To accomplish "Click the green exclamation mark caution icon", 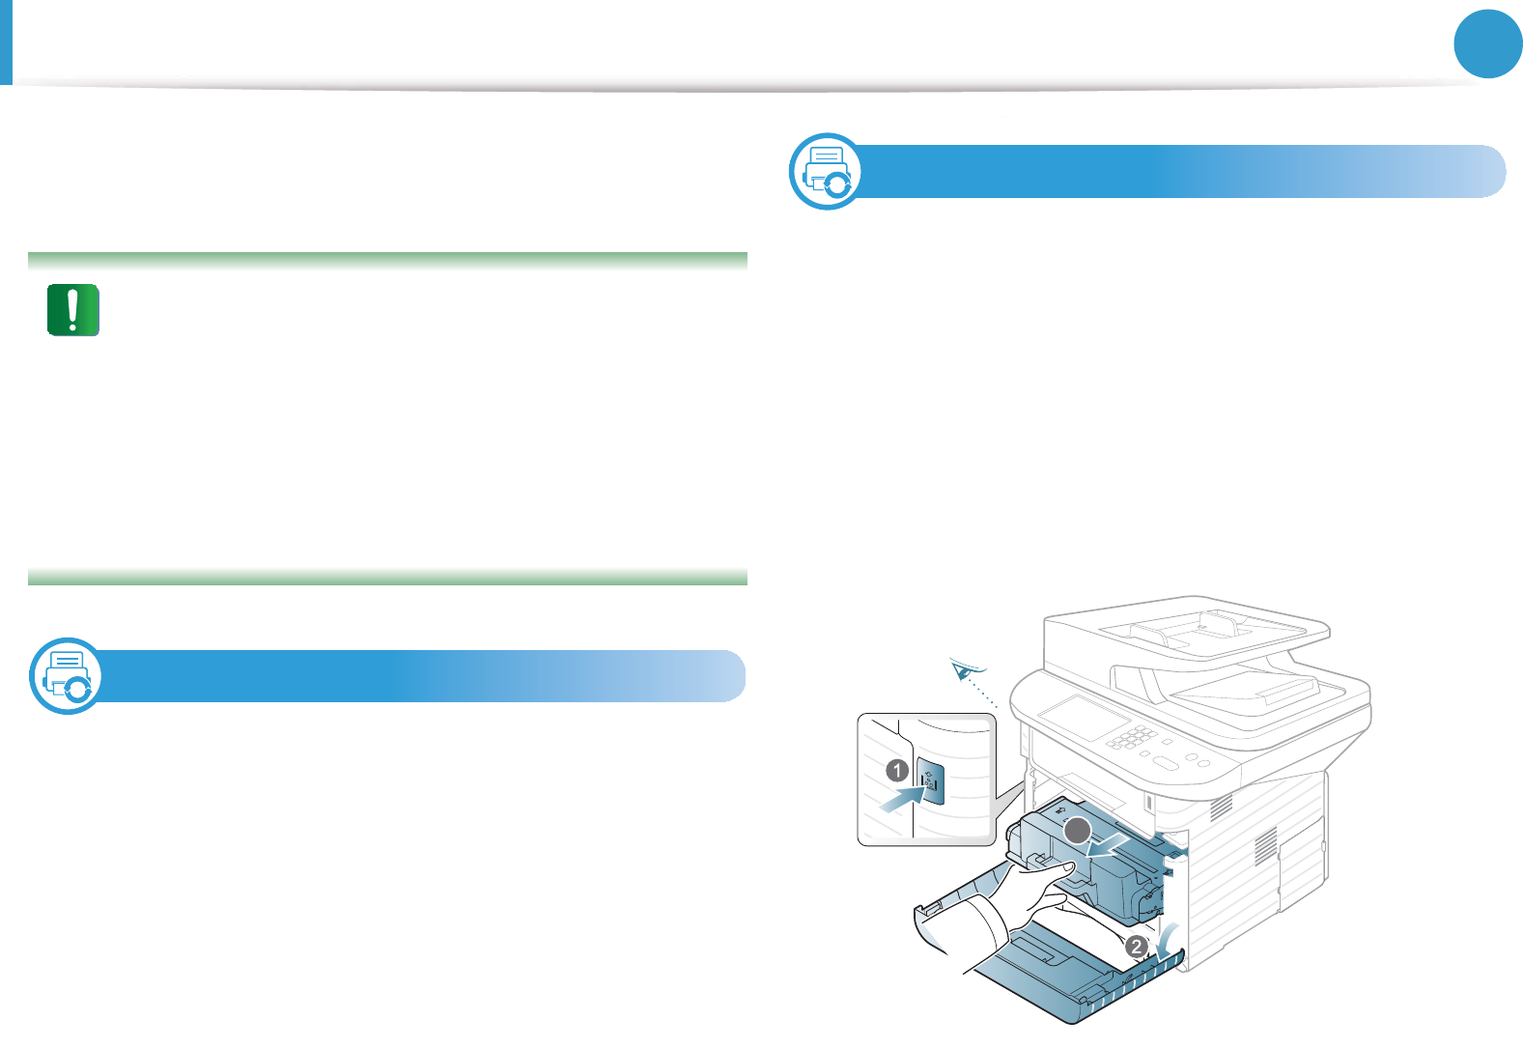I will pyautogui.click(x=73, y=310).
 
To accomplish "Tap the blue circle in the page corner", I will pyautogui.click(x=1487, y=43).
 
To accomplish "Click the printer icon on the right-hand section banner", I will pyautogui.click(x=827, y=171).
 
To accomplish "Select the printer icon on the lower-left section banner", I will pyautogui.click(x=66, y=676).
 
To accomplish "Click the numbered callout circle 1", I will pyautogui.click(x=897, y=770).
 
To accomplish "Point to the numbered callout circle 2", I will pyautogui.click(x=1137, y=947).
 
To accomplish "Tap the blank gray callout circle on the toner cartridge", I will pyautogui.click(x=1078, y=832).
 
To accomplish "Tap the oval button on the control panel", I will pyautogui.click(x=1166, y=763).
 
